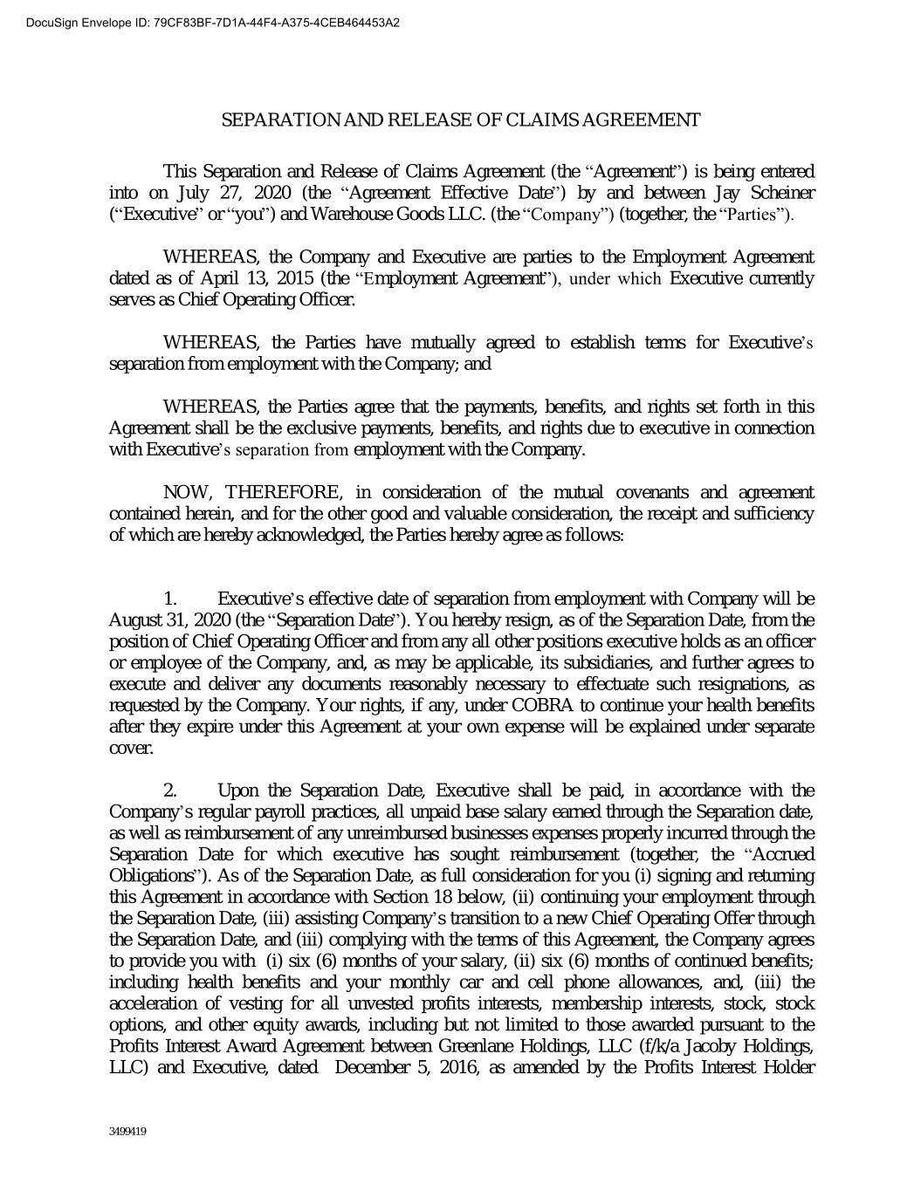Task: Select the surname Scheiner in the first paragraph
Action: [781, 193]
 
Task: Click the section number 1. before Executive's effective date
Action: [171, 599]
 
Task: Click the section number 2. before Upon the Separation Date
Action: [171, 791]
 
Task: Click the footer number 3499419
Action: [127, 1133]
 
